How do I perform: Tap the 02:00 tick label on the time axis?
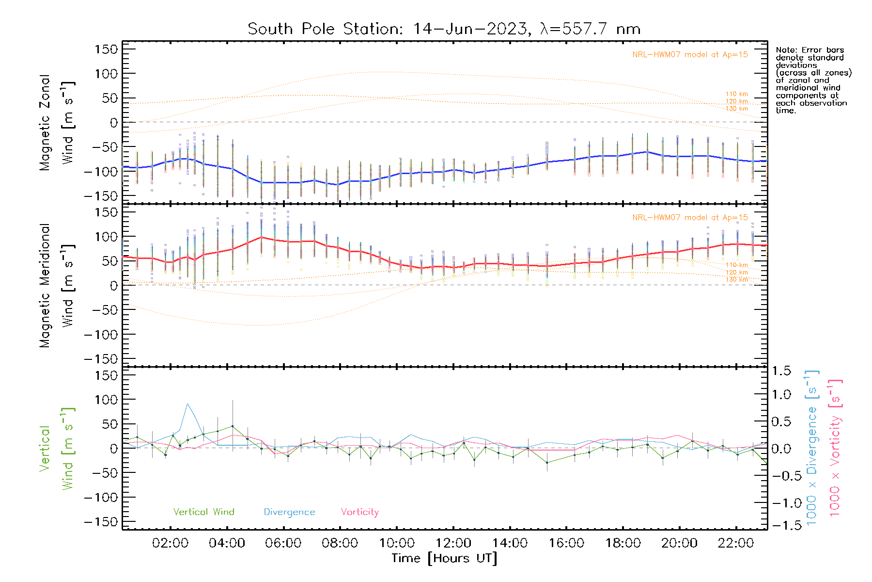pos(170,543)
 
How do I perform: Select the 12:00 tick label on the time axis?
pos(453,543)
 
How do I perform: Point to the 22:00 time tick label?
pos(736,543)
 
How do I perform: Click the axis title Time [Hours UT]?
pos(444,558)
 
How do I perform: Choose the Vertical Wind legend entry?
pos(203,512)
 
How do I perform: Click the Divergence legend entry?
pos(289,512)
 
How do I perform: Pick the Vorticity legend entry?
pos(359,512)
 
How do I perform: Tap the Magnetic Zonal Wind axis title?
pos(57,123)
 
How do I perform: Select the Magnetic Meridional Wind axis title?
pos(57,286)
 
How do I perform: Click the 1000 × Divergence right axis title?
pos(812,448)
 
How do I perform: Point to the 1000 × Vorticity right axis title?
pos(835,448)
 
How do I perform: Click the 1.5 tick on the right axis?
pos(781,371)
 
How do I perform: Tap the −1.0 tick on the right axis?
pos(781,503)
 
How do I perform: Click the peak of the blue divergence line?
pos(187,404)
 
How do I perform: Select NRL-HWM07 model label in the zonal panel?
pos(690,55)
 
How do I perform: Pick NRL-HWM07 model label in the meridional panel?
pos(690,218)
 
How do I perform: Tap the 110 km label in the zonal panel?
pos(736,94)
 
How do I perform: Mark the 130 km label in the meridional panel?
pos(736,279)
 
